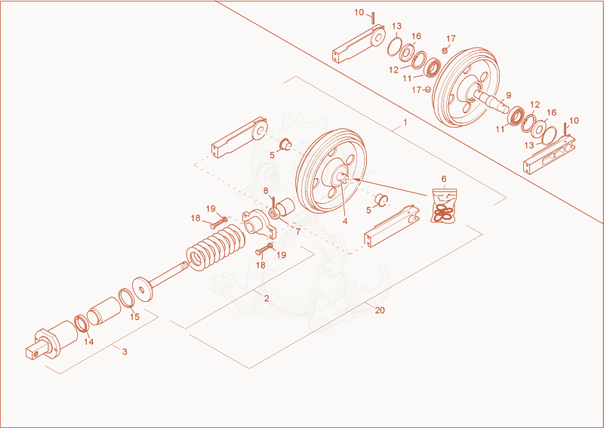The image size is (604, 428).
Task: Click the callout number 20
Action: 380,310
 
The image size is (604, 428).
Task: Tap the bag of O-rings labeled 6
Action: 444,206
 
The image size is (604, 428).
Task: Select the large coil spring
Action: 216,248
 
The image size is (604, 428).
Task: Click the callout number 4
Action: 345,221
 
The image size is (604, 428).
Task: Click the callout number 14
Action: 89,342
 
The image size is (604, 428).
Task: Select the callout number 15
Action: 134,317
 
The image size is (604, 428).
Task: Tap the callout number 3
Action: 125,352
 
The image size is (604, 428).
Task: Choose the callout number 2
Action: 267,298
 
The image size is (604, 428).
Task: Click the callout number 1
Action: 405,122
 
